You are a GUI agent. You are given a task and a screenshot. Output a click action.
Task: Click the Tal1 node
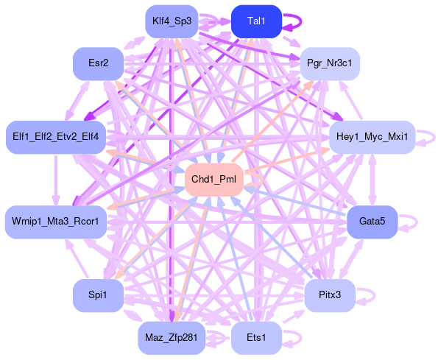[256, 21]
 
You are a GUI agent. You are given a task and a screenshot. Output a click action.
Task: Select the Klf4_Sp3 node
[172, 21]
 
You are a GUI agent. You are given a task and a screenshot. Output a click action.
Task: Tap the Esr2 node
[98, 63]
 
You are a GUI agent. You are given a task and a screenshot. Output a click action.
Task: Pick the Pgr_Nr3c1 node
[330, 63]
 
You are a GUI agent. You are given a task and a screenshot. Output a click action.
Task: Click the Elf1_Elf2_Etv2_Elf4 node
[56, 137]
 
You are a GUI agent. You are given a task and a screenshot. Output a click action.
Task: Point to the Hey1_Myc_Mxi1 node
[372, 137]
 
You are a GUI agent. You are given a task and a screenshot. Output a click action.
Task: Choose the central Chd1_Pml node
[213, 180]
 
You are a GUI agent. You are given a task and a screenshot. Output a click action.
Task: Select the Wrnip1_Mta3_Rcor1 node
[56, 222]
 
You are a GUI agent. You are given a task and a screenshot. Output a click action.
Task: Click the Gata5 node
[372, 222]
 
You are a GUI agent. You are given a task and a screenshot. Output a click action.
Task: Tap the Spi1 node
[98, 295]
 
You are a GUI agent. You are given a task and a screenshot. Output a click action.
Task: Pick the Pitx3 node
[330, 295]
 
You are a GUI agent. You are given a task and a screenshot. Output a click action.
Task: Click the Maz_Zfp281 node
[172, 338]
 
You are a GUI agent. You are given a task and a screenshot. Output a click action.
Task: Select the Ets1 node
[256, 338]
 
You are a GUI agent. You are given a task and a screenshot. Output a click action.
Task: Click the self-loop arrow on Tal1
[301, 21]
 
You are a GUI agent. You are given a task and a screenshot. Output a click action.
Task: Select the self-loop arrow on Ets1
[301, 338]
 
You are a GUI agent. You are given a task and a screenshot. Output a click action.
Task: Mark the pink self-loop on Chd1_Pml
[263, 180]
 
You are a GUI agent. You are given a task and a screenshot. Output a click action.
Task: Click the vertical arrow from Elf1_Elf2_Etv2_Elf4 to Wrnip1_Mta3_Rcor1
[56, 180]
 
